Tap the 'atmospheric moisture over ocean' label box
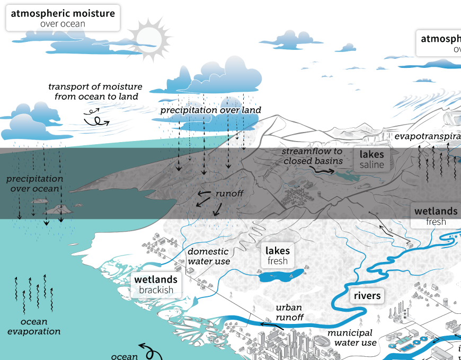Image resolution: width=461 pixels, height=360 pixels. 63,18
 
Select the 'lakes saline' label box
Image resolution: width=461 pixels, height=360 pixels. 371,159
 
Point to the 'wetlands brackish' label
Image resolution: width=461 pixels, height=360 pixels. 156,284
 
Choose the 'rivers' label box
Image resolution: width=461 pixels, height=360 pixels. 367,296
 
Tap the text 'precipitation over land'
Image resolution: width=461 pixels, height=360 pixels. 210,110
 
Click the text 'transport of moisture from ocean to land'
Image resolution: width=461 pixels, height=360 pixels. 95,91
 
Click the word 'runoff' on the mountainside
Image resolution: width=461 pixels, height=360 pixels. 229,194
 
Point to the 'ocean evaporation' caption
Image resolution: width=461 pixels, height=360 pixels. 41,327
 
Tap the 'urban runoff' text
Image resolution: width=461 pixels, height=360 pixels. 289,312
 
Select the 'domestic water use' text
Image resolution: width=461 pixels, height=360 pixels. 208,256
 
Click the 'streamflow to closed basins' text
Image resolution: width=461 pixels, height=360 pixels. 312,156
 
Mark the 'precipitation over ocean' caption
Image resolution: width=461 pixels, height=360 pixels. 34,184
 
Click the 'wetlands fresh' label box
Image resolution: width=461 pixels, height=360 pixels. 436,216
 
